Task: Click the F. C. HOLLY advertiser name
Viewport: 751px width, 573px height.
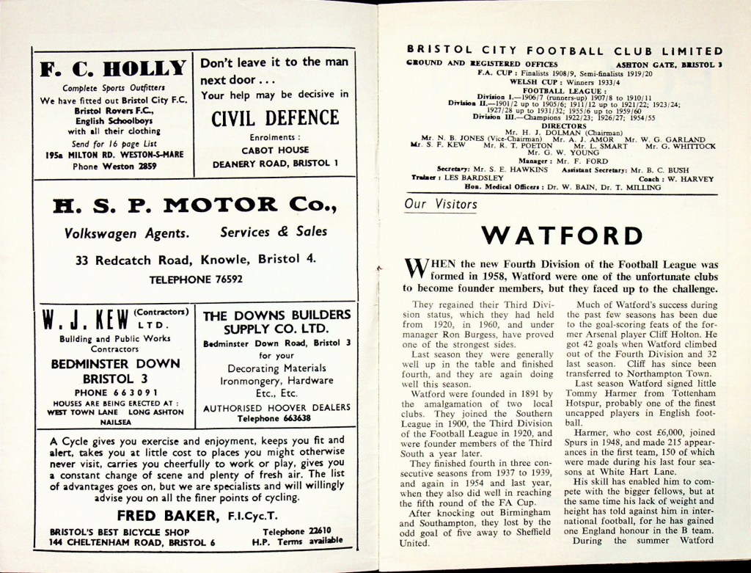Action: pos(112,70)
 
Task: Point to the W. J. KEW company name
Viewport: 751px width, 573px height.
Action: pos(82,319)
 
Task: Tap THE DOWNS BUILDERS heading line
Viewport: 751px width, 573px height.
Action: pos(276,315)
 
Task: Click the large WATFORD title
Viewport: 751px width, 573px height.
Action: pos(562,236)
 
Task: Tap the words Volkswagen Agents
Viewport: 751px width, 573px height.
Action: pos(126,234)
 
